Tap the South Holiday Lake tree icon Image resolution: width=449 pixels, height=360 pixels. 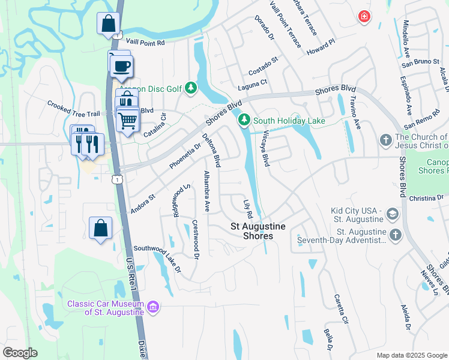(x=244, y=121)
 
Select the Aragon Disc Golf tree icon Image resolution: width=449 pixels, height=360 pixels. (x=191, y=89)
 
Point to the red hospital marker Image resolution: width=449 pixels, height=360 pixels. (x=364, y=16)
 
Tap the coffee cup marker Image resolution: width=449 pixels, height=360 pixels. (x=122, y=67)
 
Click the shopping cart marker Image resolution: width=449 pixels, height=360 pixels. (x=128, y=119)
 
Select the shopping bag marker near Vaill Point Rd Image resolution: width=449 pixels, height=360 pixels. (x=108, y=24)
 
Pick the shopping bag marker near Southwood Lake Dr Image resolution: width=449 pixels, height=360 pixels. (x=100, y=228)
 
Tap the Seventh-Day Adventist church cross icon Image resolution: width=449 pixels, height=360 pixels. (x=395, y=235)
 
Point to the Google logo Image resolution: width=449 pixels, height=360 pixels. (x=20, y=353)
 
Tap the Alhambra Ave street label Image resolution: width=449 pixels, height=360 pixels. (x=206, y=191)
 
